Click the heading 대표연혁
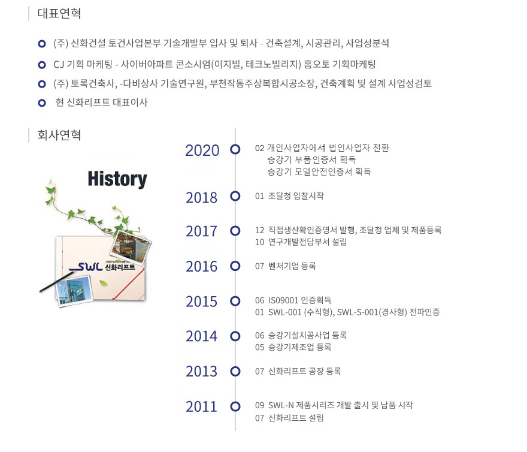click(x=59, y=13)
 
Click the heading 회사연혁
click(x=59, y=135)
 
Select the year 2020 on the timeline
click(x=202, y=150)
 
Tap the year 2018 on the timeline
click(x=202, y=198)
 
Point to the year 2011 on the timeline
click(x=202, y=406)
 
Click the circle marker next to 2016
click(x=235, y=266)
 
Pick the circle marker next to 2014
click(x=235, y=336)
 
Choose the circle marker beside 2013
click(x=235, y=371)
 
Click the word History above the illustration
click(x=117, y=179)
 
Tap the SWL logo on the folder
click(x=86, y=267)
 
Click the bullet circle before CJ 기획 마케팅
click(x=42, y=64)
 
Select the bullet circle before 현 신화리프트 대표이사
click(x=42, y=103)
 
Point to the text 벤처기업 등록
click(x=292, y=266)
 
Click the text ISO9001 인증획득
click(x=300, y=300)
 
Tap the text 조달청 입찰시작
click(x=296, y=196)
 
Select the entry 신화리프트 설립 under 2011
click(x=296, y=418)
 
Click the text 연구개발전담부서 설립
click(x=307, y=242)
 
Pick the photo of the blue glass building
click(x=75, y=290)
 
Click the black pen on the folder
click(x=56, y=282)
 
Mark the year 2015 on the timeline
click(x=202, y=302)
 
